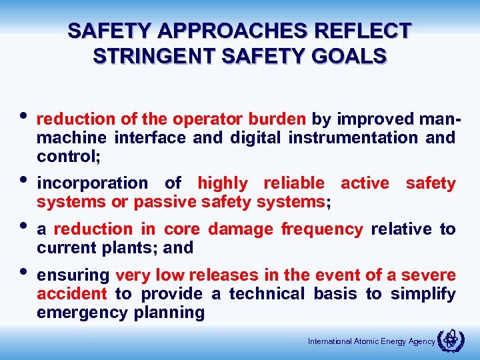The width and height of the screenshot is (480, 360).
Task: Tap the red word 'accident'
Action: tap(71, 294)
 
